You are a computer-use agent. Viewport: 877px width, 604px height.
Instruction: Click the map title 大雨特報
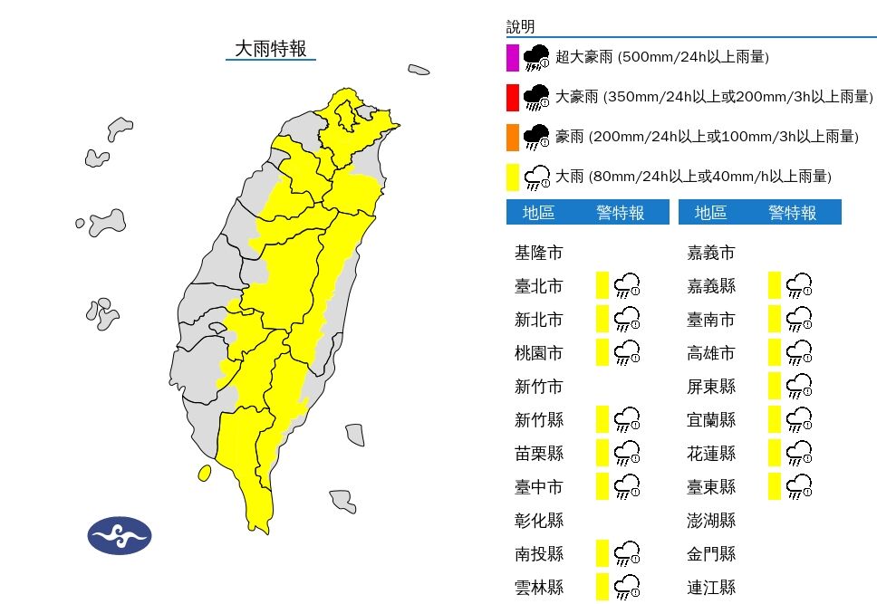coord(270,49)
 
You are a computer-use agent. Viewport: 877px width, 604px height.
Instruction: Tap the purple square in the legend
coord(513,57)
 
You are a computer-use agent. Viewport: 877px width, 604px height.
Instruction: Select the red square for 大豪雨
coord(513,97)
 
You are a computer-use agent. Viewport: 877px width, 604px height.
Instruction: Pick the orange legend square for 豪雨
coord(513,137)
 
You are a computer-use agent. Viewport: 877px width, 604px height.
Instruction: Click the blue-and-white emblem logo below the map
coord(120,536)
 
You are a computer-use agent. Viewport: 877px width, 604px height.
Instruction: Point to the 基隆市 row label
coord(538,253)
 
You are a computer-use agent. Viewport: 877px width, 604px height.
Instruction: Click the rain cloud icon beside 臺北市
coord(627,286)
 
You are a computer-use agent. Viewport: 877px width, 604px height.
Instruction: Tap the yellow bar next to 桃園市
coord(602,352)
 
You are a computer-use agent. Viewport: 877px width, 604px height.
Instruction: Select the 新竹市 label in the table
coord(538,387)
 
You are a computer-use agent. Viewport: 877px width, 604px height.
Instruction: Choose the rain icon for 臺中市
coord(627,486)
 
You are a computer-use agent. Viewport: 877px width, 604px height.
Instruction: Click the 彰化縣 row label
coord(538,520)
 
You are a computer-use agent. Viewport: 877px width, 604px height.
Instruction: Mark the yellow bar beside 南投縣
coord(602,552)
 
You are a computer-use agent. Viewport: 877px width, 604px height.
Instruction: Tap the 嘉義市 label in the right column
coord(710,253)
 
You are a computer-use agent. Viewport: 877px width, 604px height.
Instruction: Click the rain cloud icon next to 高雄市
coord(799,352)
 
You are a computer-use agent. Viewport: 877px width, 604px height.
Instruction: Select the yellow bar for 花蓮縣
coord(774,453)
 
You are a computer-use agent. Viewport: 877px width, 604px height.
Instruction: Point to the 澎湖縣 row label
coord(710,520)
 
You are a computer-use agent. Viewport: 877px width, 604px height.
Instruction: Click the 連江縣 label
coord(710,587)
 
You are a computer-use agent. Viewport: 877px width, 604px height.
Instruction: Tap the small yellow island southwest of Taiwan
coord(205,473)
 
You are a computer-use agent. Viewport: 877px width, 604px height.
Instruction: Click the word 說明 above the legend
coord(521,27)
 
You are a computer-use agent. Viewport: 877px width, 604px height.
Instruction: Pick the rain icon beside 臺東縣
coord(799,486)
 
